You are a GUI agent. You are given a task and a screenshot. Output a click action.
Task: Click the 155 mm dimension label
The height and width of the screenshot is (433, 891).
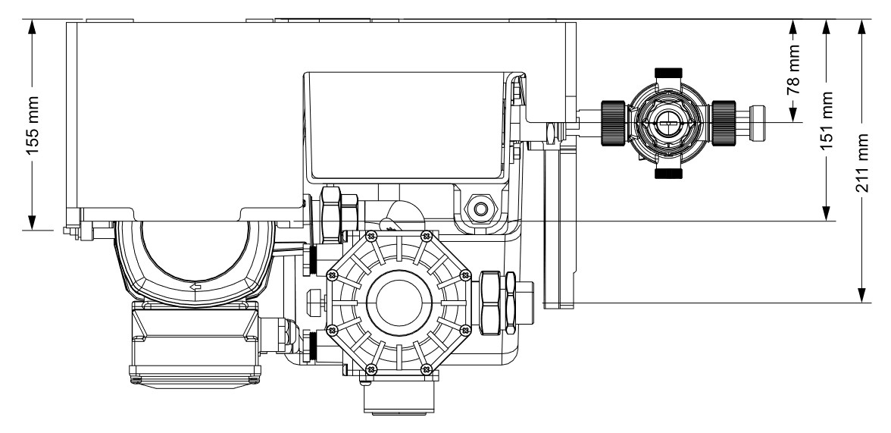[x=32, y=125]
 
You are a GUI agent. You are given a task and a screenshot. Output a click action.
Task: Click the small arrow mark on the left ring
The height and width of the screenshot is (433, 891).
[x=195, y=287]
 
